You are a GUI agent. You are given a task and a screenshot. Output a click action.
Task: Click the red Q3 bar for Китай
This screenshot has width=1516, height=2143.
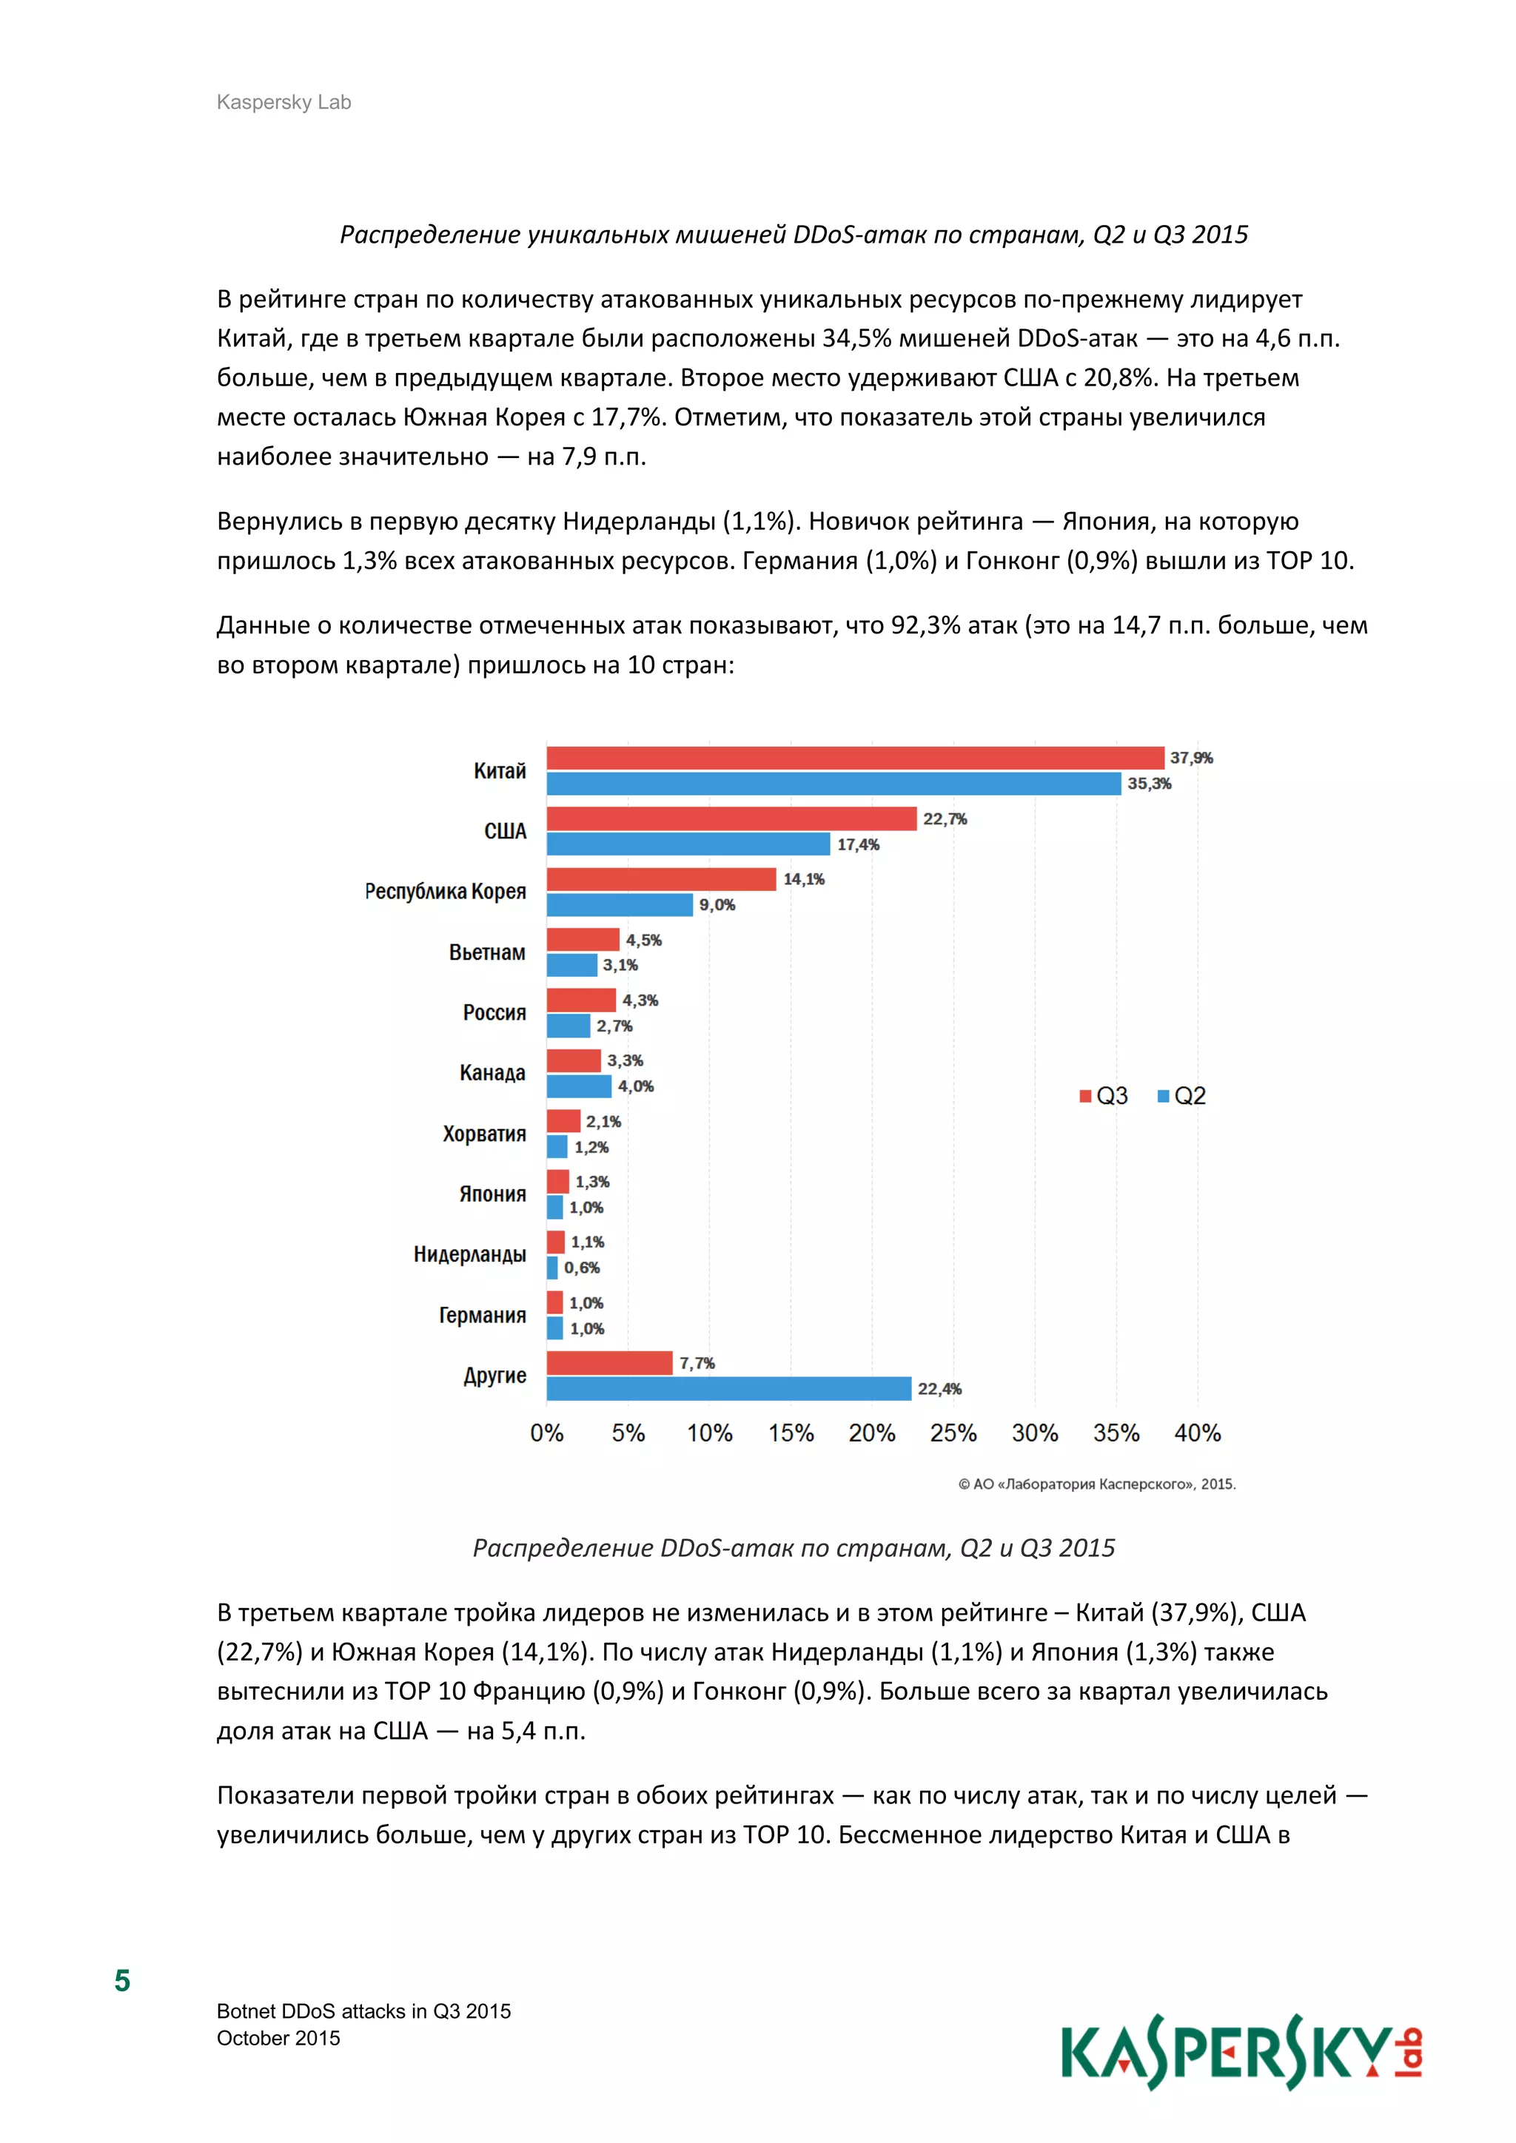(x=854, y=758)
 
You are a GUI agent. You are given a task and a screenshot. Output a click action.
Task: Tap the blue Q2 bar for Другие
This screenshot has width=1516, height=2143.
(x=728, y=1389)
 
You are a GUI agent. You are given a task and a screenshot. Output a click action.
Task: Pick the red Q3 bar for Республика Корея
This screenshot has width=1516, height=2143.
(x=661, y=879)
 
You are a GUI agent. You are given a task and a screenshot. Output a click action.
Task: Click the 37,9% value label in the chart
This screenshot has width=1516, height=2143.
(x=1191, y=758)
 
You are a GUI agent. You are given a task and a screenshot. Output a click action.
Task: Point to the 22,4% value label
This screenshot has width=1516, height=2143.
(x=939, y=1389)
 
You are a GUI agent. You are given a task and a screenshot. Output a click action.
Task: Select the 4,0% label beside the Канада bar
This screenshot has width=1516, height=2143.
(x=636, y=1086)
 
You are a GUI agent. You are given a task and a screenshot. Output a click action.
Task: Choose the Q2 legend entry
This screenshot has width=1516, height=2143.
(x=1182, y=1096)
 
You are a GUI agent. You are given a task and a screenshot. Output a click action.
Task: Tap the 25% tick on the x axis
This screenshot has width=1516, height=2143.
(x=953, y=1433)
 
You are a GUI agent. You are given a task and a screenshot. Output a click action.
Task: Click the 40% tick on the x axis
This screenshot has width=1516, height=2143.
(x=1197, y=1433)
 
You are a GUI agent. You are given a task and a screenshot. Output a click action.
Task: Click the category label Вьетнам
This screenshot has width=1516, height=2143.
(x=486, y=953)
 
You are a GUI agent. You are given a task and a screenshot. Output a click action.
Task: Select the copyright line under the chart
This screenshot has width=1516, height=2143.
(x=1097, y=1484)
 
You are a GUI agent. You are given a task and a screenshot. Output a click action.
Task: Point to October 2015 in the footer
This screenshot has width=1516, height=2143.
(x=278, y=2039)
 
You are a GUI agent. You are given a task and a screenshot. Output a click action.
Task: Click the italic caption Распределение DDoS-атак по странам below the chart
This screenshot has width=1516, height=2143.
(x=794, y=1547)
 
